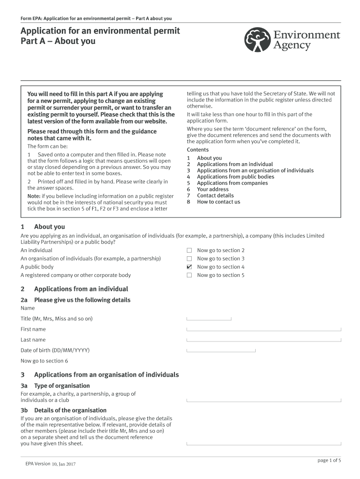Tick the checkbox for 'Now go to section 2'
click(189, 250)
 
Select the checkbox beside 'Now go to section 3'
click(189, 259)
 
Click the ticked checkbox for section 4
click(189, 267)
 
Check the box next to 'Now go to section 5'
click(189, 275)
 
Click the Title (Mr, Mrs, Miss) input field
click(209, 318)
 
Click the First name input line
click(264, 328)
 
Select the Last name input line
click(264, 339)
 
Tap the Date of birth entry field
click(221, 349)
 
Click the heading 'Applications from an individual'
click(81, 289)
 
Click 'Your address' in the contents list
click(213, 189)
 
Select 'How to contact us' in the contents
click(218, 202)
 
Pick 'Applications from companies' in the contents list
click(232, 183)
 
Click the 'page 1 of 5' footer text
click(329, 460)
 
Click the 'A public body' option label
click(37, 267)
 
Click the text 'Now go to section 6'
click(44, 361)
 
